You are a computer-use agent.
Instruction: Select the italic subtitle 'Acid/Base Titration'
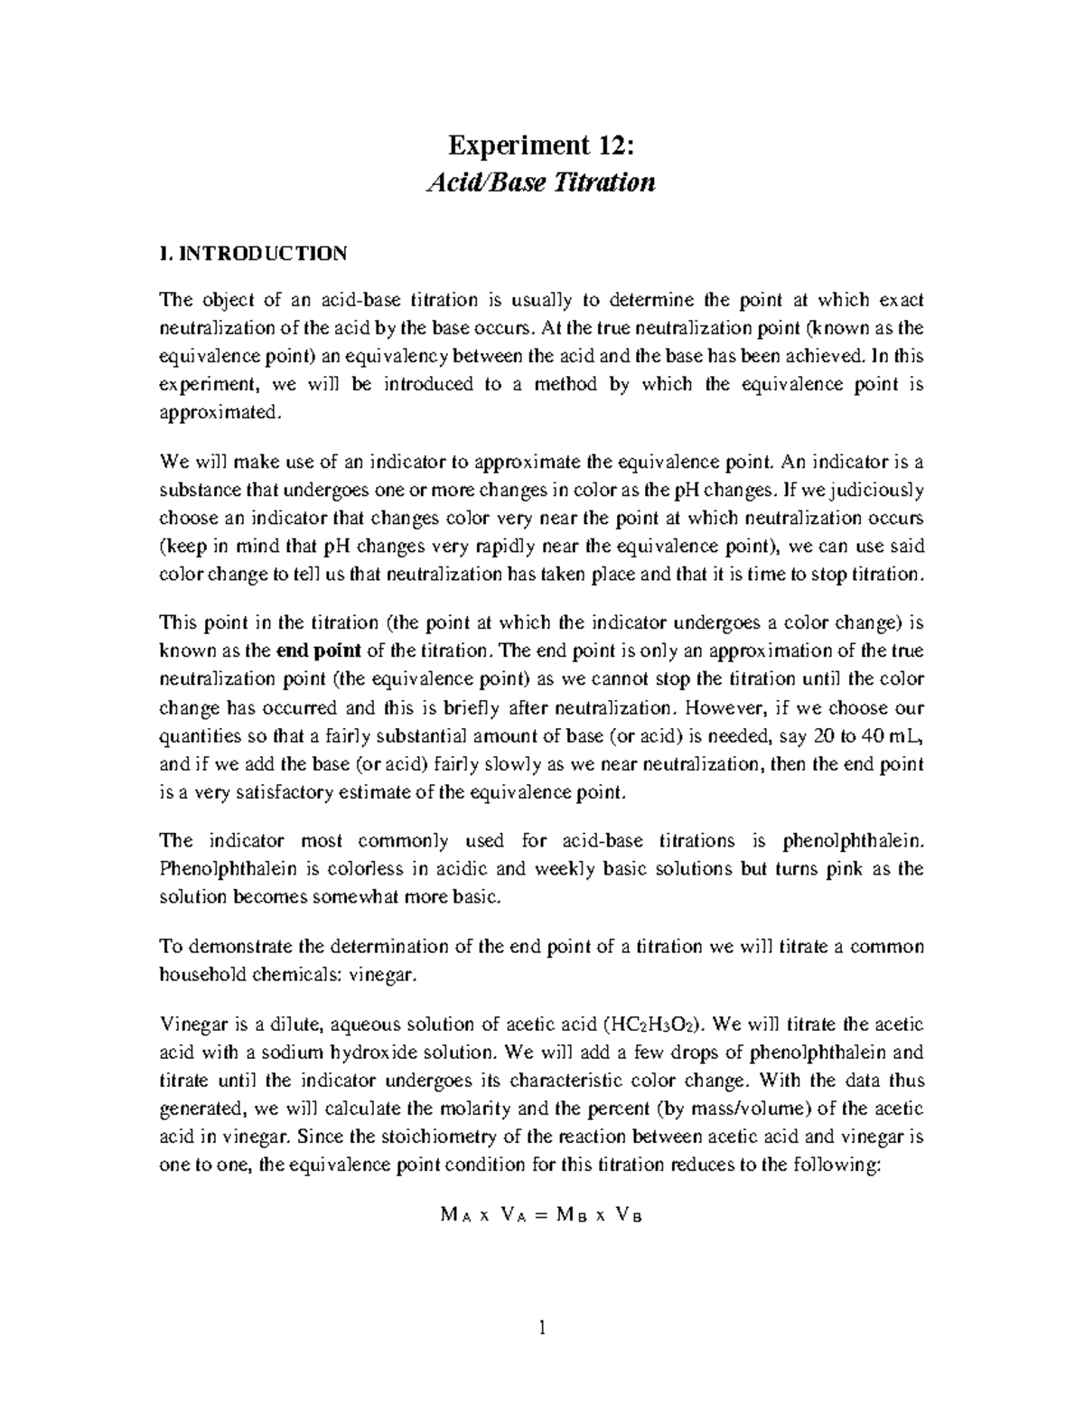(540, 183)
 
